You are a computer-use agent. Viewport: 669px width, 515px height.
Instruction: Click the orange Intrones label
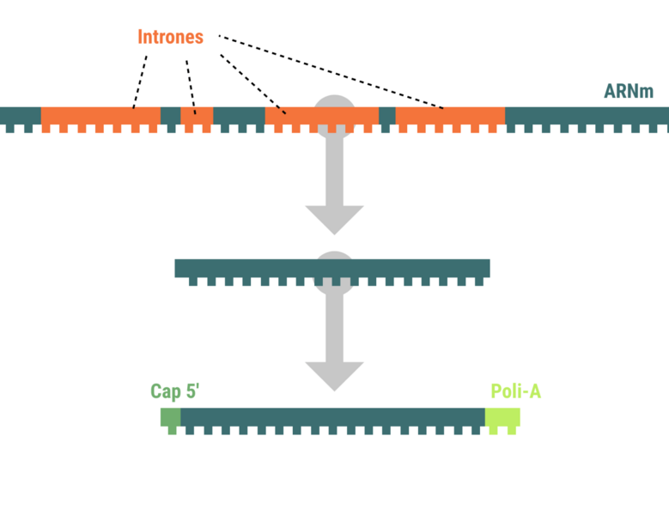[x=170, y=37]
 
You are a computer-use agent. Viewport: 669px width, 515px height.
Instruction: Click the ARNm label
[x=629, y=91]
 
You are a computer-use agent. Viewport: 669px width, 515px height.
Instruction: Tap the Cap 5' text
[x=174, y=391]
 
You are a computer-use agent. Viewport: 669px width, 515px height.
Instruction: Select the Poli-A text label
[x=515, y=391]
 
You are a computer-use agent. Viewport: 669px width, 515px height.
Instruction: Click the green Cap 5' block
[x=170, y=417]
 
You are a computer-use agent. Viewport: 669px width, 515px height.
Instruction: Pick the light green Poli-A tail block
[x=502, y=417]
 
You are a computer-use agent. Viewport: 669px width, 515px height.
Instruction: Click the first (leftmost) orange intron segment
[x=100, y=116]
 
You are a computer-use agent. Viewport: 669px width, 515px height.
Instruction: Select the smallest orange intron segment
[x=197, y=116]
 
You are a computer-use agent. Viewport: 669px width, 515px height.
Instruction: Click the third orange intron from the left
[x=321, y=116]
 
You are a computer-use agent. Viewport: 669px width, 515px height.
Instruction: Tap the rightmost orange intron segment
[x=450, y=116]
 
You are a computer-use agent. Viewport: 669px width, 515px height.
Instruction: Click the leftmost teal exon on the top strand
[x=20, y=116]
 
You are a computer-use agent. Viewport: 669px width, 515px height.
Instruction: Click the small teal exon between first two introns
[x=170, y=116]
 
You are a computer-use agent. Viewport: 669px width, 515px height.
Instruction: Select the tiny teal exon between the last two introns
[x=387, y=116]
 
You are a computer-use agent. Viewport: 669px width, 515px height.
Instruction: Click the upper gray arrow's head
[x=335, y=220]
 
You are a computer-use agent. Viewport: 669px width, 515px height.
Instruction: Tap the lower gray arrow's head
[x=335, y=376]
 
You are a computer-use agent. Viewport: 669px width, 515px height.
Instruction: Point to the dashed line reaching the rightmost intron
[x=335, y=74]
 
